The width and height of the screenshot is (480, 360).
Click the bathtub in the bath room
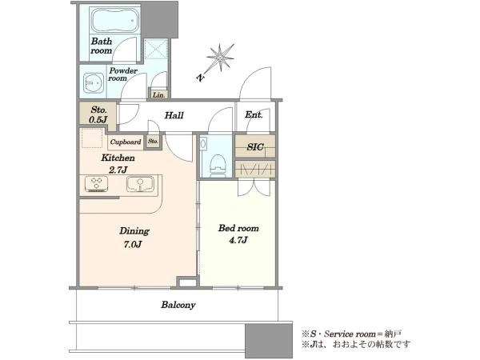[114, 20]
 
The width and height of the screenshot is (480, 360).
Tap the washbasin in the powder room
[94, 83]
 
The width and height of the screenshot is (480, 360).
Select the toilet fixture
[218, 166]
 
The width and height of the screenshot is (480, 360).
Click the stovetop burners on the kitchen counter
[97, 184]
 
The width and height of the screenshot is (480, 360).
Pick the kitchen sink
[140, 184]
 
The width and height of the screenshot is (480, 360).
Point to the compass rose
[220, 58]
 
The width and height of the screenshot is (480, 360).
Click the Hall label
[174, 115]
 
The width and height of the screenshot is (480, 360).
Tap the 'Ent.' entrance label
[254, 114]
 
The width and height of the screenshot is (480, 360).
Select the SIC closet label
[255, 147]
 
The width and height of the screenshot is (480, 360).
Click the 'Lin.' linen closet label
[158, 95]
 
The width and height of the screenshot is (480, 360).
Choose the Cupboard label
[126, 142]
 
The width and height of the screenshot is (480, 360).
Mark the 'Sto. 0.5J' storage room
[98, 115]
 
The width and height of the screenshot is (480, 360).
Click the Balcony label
[178, 305]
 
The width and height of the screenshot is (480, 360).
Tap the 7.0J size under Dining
[133, 244]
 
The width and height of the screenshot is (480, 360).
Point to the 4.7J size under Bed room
[238, 240]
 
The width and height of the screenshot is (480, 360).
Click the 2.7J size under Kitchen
[118, 170]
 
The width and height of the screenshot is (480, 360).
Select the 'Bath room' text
[102, 46]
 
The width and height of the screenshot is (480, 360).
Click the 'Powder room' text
[123, 74]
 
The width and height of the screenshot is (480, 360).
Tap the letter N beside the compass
[200, 78]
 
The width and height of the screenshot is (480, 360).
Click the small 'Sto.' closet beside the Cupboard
[153, 142]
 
